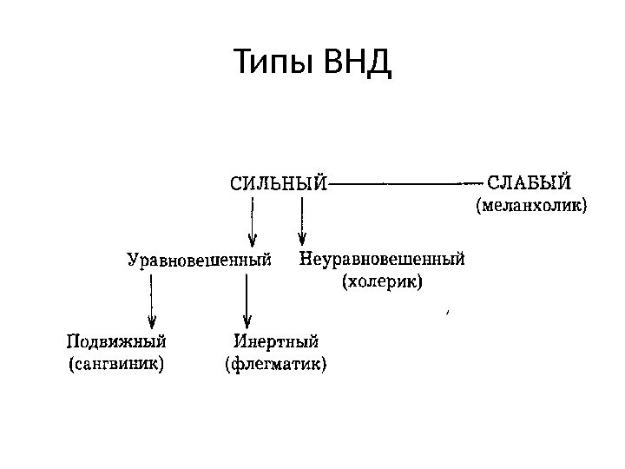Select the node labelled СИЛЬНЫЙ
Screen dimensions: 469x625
[x=278, y=184]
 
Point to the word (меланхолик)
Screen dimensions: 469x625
[x=531, y=207]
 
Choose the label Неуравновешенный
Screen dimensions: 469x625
[x=383, y=258]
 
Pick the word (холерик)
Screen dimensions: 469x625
[x=383, y=281]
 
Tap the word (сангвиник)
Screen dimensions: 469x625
[x=117, y=363]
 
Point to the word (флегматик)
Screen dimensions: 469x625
[x=276, y=363]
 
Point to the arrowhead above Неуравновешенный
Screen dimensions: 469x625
[x=302, y=239]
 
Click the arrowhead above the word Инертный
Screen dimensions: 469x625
[x=247, y=320]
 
